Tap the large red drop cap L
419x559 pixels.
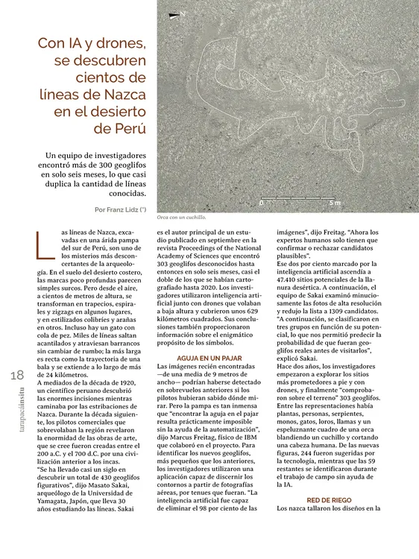(42, 246)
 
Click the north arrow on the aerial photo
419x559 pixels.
(177, 14)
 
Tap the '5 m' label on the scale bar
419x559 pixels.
(335, 202)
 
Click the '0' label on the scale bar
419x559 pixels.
(261, 202)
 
